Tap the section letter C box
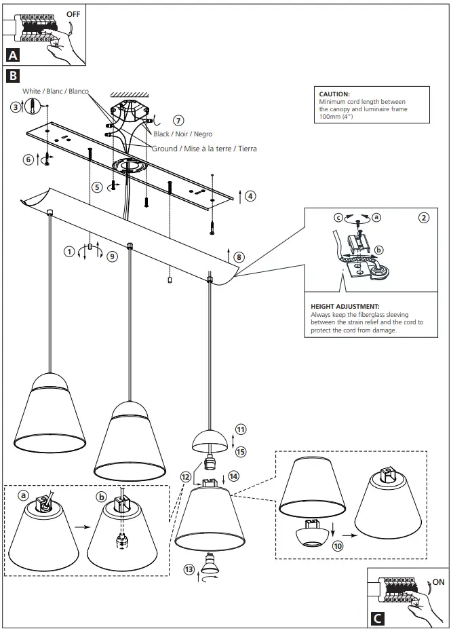(378, 618)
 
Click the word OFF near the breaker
(73, 13)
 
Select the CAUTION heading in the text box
(334, 94)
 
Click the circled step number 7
(178, 120)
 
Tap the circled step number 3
(15, 107)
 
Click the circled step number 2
(424, 218)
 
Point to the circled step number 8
(239, 257)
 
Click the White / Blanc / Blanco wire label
(56, 91)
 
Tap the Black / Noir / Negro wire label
(183, 134)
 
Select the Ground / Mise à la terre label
(204, 148)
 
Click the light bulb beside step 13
(207, 565)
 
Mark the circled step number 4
(250, 196)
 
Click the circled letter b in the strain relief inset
(378, 250)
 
